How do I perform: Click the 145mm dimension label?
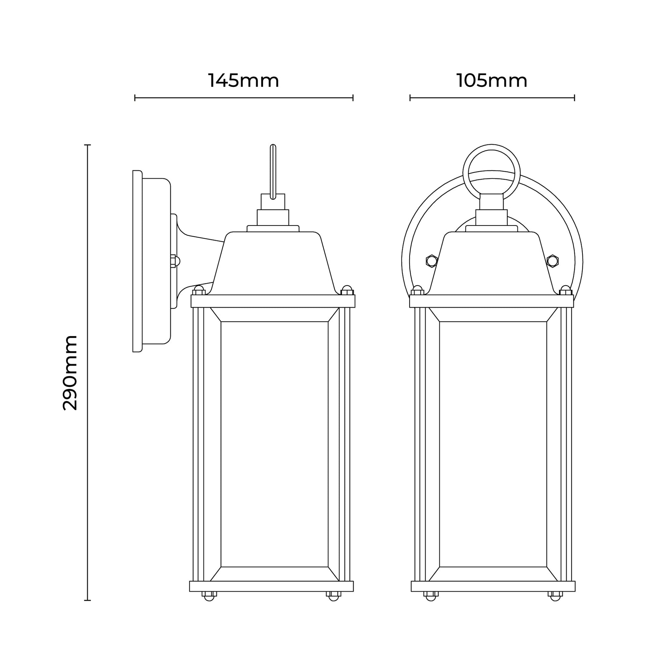click(243, 81)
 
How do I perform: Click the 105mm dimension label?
click(492, 81)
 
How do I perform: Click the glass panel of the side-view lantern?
click(274, 445)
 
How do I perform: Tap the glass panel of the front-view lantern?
click(493, 445)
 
